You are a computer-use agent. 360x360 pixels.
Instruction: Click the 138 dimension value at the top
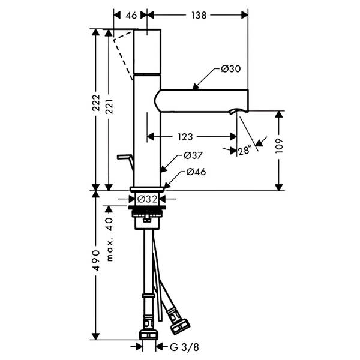199,15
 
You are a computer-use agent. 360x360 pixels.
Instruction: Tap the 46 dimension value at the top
131,16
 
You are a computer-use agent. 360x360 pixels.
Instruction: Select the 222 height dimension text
96,103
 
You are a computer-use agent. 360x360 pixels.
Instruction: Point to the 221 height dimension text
109,107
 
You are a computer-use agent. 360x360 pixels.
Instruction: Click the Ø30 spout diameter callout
231,68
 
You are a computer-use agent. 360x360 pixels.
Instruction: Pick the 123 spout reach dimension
185,137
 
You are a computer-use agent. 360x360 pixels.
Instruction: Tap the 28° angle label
245,151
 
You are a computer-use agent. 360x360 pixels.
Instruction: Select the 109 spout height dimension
279,146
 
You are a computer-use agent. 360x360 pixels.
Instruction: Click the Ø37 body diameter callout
193,155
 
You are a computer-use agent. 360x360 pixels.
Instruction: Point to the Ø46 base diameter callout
196,172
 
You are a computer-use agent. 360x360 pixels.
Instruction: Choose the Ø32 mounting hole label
147,199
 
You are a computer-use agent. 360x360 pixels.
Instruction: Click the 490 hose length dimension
97,260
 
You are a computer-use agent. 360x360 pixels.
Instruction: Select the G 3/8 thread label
184,347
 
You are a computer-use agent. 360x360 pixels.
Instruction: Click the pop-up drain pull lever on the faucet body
125,161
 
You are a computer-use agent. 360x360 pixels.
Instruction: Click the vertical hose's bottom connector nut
149,335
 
